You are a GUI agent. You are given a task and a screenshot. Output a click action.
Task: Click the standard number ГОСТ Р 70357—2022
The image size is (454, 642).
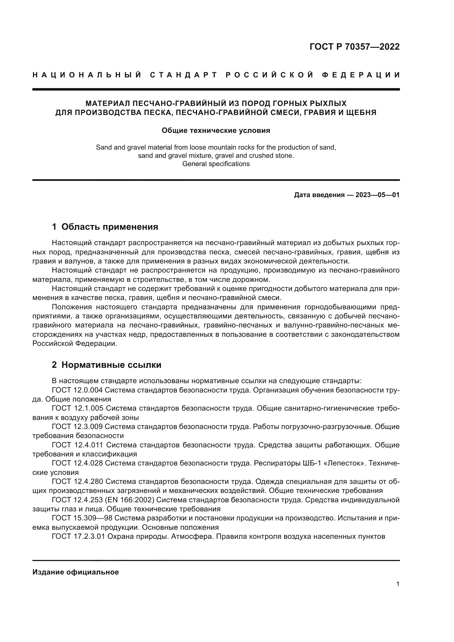354,47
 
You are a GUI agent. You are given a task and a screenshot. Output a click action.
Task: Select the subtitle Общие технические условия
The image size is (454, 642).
216,131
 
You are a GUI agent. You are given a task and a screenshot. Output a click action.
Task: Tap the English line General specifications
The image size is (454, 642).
216,164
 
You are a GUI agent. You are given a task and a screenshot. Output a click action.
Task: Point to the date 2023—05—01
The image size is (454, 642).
377,195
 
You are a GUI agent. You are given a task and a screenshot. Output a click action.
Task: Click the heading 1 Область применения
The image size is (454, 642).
105,226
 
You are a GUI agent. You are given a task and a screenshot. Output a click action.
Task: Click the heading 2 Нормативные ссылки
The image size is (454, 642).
107,365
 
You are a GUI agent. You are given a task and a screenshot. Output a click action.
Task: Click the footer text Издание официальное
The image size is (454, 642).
75,572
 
